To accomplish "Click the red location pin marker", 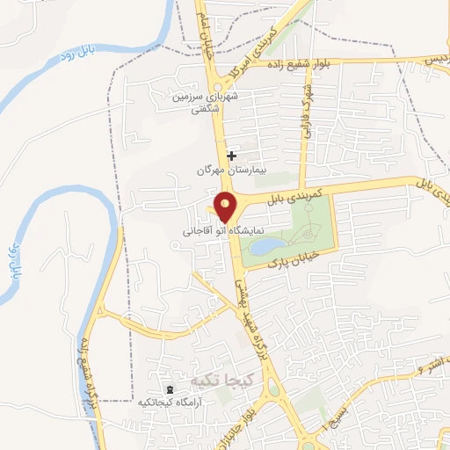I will [x=226, y=206].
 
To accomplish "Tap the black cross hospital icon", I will [x=231, y=156].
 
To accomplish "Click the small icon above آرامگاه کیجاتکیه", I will [x=168, y=388].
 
